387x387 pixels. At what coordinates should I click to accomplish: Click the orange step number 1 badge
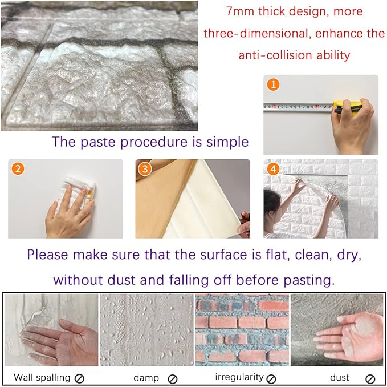click(x=274, y=84)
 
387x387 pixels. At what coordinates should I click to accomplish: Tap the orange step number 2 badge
click(x=18, y=169)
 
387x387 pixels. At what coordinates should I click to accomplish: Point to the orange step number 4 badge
click(x=274, y=169)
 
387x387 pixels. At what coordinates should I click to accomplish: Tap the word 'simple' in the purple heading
click(x=226, y=142)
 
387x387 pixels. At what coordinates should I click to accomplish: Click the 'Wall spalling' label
click(x=42, y=377)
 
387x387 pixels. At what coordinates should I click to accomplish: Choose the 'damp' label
click(x=146, y=377)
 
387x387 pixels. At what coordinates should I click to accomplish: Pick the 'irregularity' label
click(x=239, y=377)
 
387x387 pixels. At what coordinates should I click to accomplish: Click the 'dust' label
click(x=340, y=377)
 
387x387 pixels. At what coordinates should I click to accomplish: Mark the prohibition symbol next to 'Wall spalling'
click(x=80, y=378)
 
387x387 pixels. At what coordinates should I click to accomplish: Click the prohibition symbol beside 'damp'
click(x=173, y=378)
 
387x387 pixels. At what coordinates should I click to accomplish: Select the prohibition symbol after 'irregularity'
click(x=271, y=378)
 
